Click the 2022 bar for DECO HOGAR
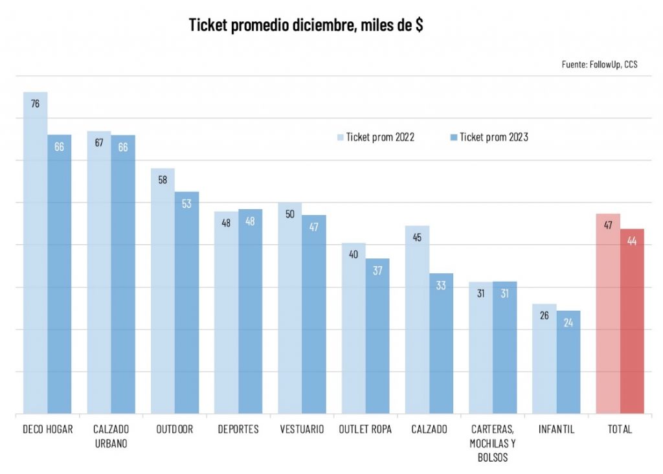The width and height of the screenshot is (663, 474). (x=35, y=259)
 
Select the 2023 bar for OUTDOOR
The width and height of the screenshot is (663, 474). (x=186, y=304)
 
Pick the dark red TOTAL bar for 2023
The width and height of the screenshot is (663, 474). (x=632, y=324)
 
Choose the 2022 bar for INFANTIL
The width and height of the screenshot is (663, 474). (x=544, y=363)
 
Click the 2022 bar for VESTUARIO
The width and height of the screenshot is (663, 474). (x=289, y=311)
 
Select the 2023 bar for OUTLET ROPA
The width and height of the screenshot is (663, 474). (x=377, y=337)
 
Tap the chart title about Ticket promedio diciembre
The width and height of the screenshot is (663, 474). (x=306, y=26)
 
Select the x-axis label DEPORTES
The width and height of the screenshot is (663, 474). (x=238, y=429)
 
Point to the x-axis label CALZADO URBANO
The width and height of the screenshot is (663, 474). (x=111, y=436)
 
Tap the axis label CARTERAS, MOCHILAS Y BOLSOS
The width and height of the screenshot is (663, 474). (x=493, y=444)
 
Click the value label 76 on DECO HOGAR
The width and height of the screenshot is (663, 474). (x=35, y=104)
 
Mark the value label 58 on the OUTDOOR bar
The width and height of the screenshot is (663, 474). (x=163, y=180)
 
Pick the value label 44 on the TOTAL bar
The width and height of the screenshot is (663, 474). (x=632, y=241)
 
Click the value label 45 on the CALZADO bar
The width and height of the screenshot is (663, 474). (x=417, y=238)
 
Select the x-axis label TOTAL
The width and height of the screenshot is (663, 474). (x=620, y=429)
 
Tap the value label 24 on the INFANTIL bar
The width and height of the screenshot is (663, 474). (x=568, y=322)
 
